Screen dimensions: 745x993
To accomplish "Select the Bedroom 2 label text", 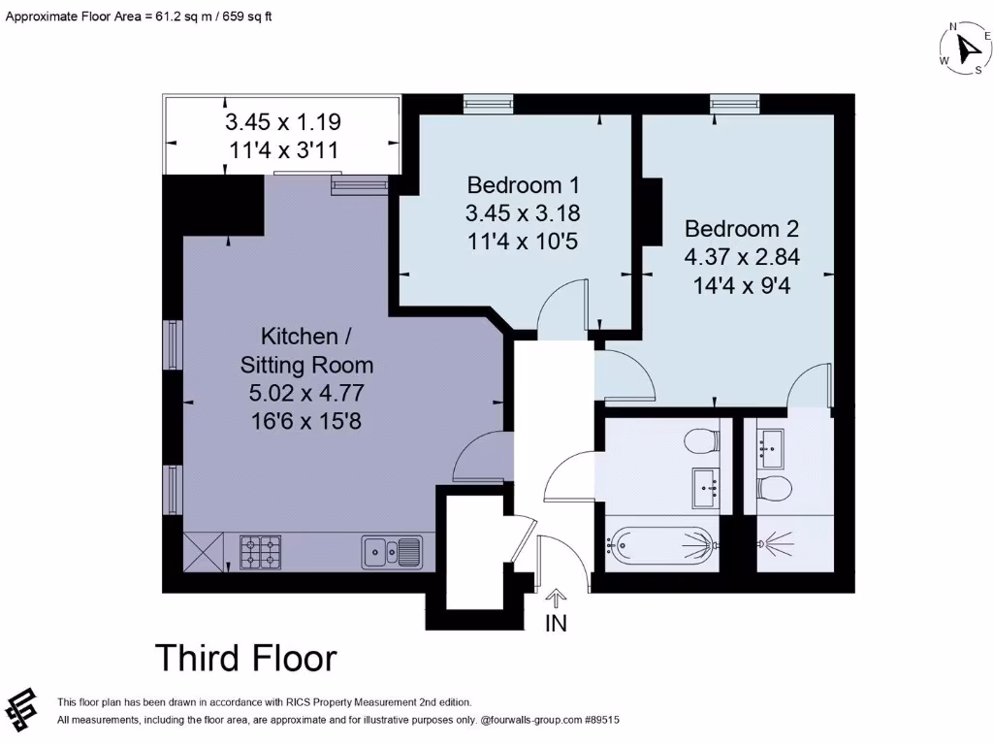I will point(742,229).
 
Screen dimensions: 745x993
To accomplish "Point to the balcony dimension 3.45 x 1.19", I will point(283,122).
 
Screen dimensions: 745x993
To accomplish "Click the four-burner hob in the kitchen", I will point(260,552).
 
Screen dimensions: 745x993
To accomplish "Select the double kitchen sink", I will point(392,552).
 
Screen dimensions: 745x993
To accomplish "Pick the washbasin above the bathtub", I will point(705,487).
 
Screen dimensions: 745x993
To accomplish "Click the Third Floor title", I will point(246,658).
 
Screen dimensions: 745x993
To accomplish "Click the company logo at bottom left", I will point(22,709).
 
